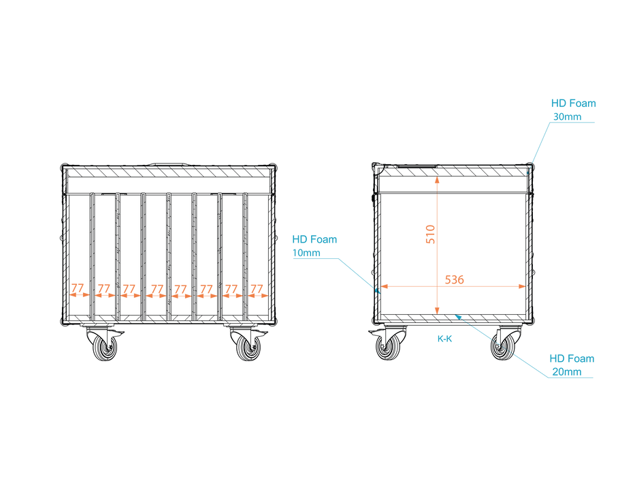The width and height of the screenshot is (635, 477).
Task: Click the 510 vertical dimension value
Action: [430, 234]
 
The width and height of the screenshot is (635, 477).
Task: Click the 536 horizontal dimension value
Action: [455, 280]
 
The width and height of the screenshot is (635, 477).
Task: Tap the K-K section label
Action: [444, 339]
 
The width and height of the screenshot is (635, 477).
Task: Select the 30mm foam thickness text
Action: [568, 117]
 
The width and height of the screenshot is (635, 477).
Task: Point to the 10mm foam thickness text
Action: [306, 253]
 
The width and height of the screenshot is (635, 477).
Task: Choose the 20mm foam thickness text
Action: [566, 371]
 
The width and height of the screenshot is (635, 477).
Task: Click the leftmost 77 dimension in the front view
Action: [78, 288]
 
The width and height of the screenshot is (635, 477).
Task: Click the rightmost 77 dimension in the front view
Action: [257, 289]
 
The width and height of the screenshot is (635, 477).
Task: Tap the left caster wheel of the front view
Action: [105, 348]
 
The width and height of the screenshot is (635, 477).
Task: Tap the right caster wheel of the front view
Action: [248, 348]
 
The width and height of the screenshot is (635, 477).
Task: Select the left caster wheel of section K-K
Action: [387, 348]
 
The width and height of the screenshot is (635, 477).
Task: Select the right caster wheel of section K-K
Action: [503, 348]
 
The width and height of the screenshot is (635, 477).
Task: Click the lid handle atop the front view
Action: [169, 164]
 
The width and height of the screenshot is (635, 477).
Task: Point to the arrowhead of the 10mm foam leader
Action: [378, 290]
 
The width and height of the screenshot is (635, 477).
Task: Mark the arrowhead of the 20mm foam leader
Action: [458, 317]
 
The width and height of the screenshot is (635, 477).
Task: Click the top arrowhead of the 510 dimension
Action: [438, 180]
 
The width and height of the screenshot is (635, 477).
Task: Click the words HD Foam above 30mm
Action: [574, 104]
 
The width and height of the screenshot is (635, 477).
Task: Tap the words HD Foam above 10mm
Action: [314, 239]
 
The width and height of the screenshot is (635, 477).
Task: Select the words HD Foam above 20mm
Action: [572, 358]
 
